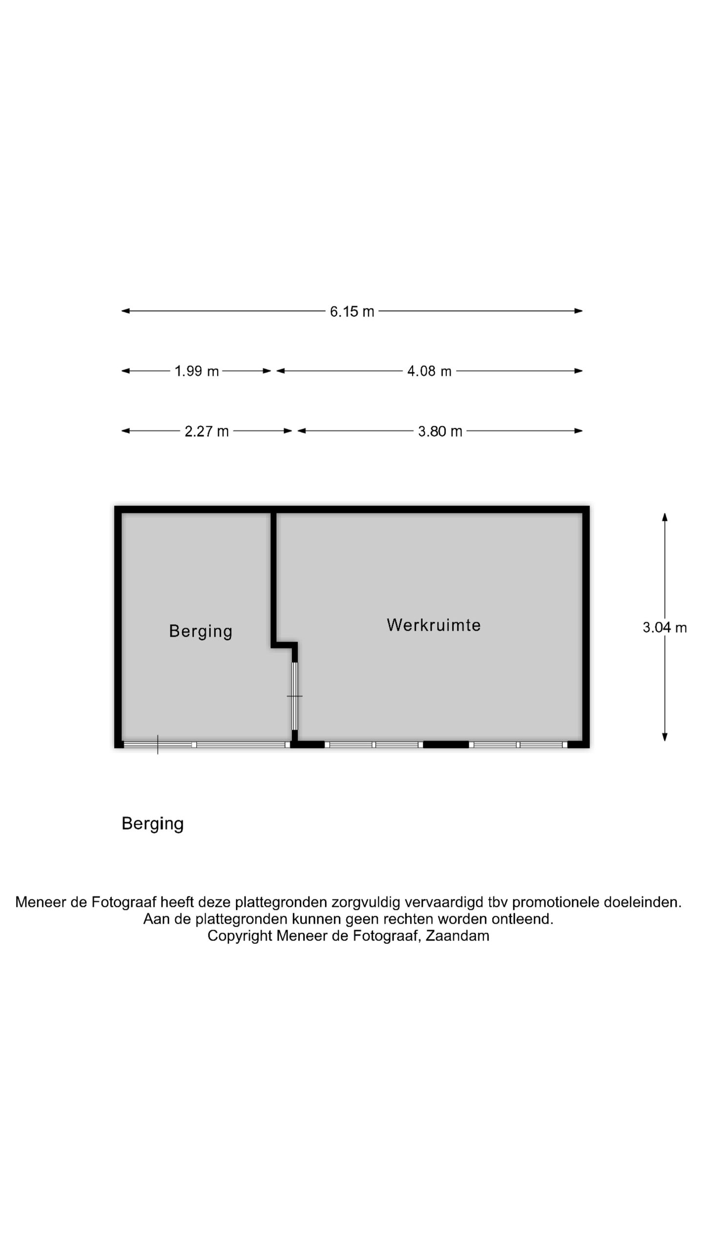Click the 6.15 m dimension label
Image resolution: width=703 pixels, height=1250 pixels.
pos(352,312)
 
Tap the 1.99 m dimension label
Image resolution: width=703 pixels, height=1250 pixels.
pos(197,372)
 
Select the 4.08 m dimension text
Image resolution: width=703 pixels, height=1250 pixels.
pos(430,372)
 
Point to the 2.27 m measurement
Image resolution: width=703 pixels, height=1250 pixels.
pos(207,432)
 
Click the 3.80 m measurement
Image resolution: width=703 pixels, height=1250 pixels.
pos(440,432)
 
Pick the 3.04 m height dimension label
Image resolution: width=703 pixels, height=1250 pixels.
pos(664,627)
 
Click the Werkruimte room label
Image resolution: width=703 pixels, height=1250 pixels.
pos(434,625)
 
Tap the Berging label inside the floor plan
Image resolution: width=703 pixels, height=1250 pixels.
pos(201,631)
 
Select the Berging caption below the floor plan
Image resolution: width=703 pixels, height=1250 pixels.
pos(152,823)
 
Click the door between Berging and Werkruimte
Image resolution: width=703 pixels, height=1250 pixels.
pos(295,696)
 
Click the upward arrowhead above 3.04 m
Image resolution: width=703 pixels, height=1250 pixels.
pos(664,517)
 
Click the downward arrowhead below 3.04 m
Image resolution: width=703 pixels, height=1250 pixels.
pos(664,737)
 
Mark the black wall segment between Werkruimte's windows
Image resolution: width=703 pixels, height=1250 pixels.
pos(446,745)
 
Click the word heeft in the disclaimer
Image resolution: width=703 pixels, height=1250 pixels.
pos(177,902)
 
